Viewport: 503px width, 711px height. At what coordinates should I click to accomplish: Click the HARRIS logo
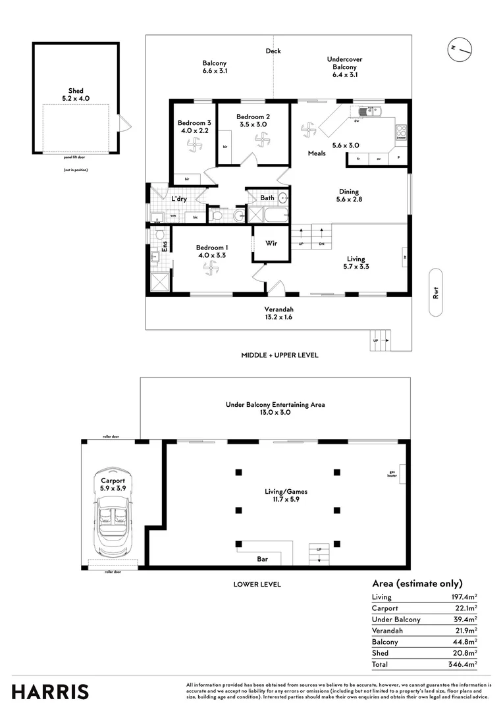50,691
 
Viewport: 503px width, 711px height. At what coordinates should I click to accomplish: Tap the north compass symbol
460,49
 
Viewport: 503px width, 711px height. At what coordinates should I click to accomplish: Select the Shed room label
76,91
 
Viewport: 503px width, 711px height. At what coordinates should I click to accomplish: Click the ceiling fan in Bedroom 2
263,140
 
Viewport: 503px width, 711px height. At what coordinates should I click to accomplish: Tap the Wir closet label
270,243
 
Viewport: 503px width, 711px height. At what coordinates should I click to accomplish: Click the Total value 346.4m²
462,664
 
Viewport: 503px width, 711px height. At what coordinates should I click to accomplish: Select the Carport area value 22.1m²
465,608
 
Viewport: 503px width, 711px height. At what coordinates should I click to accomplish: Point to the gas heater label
393,473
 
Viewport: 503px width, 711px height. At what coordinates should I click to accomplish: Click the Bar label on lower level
262,560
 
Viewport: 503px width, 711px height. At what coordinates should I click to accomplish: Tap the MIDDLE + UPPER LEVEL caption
280,355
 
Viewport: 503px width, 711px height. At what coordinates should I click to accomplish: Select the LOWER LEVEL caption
257,584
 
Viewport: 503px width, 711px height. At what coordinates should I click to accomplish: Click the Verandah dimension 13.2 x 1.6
279,317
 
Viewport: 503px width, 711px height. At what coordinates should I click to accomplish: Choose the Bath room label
267,197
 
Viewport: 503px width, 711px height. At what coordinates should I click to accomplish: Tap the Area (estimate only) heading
417,583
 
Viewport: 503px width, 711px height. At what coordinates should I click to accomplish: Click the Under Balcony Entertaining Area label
275,405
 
